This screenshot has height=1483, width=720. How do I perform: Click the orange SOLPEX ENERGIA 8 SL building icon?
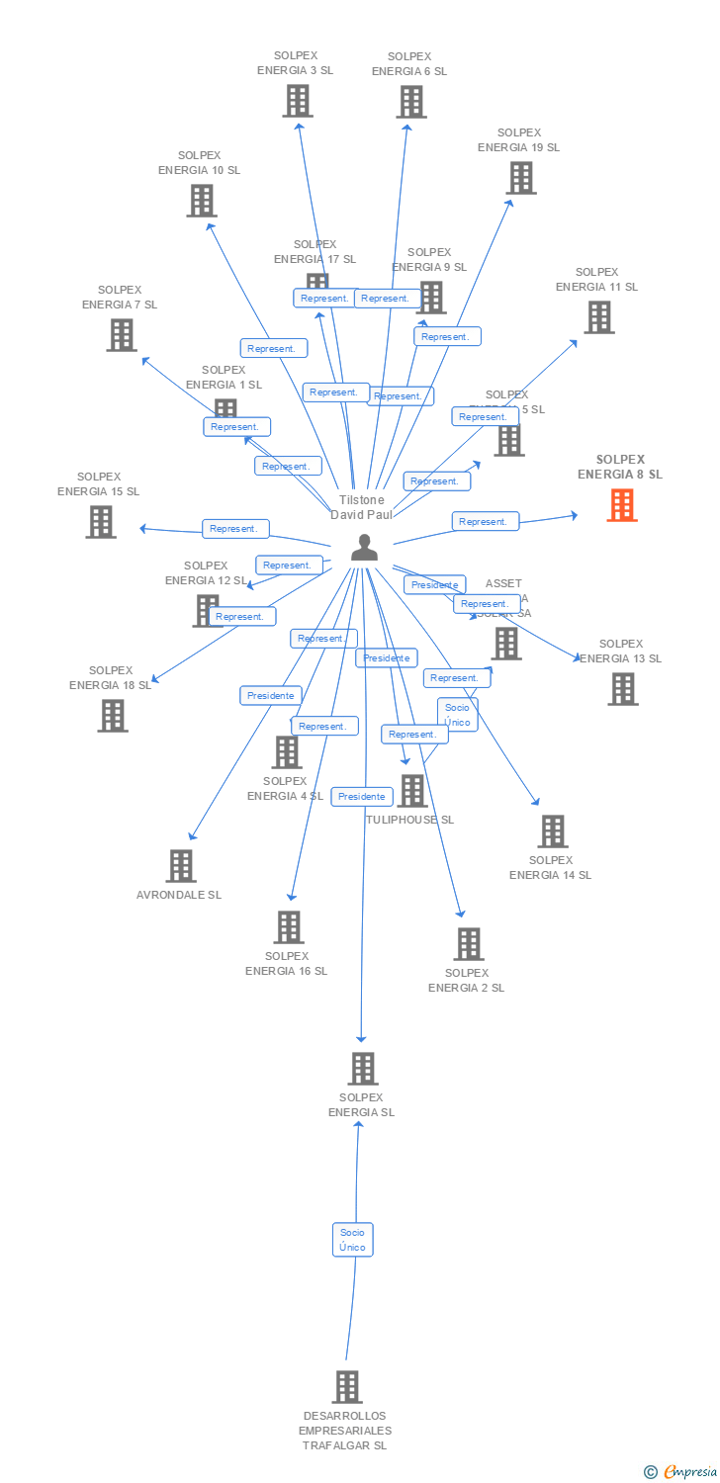tap(622, 505)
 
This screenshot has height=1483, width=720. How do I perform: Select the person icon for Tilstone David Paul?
tap(365, 548)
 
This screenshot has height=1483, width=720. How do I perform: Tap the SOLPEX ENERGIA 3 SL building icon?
tap(298, 101)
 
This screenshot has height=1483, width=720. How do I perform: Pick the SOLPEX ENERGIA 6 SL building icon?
tap(410, 102)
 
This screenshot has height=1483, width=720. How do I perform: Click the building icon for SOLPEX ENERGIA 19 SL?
tap(521, 178)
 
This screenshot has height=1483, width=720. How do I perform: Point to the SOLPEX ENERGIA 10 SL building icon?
tap(201, 201)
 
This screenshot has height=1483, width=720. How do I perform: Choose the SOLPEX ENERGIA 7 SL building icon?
tap(121, 335)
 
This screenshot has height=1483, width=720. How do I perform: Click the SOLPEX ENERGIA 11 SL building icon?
tap(598, 317)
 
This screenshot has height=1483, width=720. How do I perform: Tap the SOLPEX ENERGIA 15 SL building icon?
tap(100, 522)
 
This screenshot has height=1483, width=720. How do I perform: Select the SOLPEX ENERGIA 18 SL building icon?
tap(113, 716)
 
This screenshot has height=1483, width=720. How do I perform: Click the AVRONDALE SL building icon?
tap(180, 866)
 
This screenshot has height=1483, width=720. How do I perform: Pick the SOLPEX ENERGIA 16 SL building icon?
tap(288, 927)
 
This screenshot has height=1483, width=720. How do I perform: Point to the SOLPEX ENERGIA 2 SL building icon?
tap(468, 944)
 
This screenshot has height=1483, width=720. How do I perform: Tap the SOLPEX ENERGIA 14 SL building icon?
tap(552, 831)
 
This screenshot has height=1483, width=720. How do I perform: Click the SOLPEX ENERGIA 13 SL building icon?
tap(622, 689)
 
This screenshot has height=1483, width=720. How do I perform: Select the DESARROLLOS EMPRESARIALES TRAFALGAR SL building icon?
tap(346, 1387)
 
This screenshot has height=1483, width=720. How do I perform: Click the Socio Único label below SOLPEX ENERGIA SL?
tap(352, 1240)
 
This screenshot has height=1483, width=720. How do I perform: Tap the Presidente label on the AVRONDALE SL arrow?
tap(271, 696)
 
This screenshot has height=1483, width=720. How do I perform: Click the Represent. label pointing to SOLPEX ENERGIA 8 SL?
tap(485, 521)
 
